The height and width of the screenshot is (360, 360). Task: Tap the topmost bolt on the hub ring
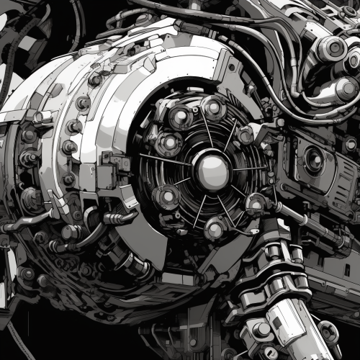point(213,107)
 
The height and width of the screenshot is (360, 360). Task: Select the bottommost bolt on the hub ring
point(215,229)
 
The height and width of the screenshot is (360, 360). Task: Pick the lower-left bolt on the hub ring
point(167,196)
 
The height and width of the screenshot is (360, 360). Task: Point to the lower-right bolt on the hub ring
point(256,204)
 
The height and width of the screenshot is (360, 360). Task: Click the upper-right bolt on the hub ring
point(246,133)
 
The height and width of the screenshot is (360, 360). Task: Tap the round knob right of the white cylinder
point(328,331)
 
